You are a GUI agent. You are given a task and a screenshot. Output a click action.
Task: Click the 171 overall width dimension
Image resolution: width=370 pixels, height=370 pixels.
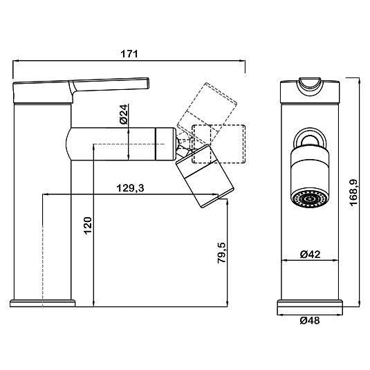tap(129, 54)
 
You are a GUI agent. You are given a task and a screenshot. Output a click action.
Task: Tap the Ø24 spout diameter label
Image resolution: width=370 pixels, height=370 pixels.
tap(124, 114)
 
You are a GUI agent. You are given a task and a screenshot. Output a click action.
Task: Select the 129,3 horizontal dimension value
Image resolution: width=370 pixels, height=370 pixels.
tap(130, 188)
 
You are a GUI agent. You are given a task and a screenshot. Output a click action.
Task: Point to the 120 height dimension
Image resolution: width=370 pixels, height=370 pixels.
tap(88, 225)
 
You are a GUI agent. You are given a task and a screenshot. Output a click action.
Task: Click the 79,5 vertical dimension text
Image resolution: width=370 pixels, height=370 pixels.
tap(221, 252)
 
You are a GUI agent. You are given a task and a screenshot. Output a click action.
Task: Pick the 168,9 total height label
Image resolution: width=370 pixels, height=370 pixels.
tap(353, 193)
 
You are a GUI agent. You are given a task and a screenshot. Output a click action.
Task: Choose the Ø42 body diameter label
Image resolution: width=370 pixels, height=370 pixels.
tap(310, 254)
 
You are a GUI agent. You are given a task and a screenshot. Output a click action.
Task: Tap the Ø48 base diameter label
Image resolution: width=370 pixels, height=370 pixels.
tap(310, 320)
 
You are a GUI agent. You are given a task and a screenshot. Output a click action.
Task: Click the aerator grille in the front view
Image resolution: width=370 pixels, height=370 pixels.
tap(310, 199)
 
